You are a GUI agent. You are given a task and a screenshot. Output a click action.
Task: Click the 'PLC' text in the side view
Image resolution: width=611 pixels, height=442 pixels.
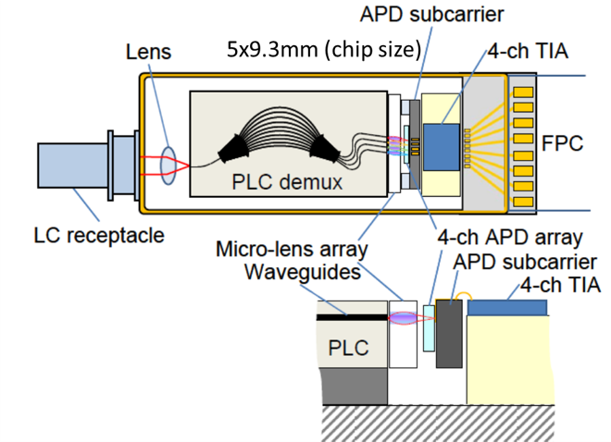pyautogui.click(x=347, y=349)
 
